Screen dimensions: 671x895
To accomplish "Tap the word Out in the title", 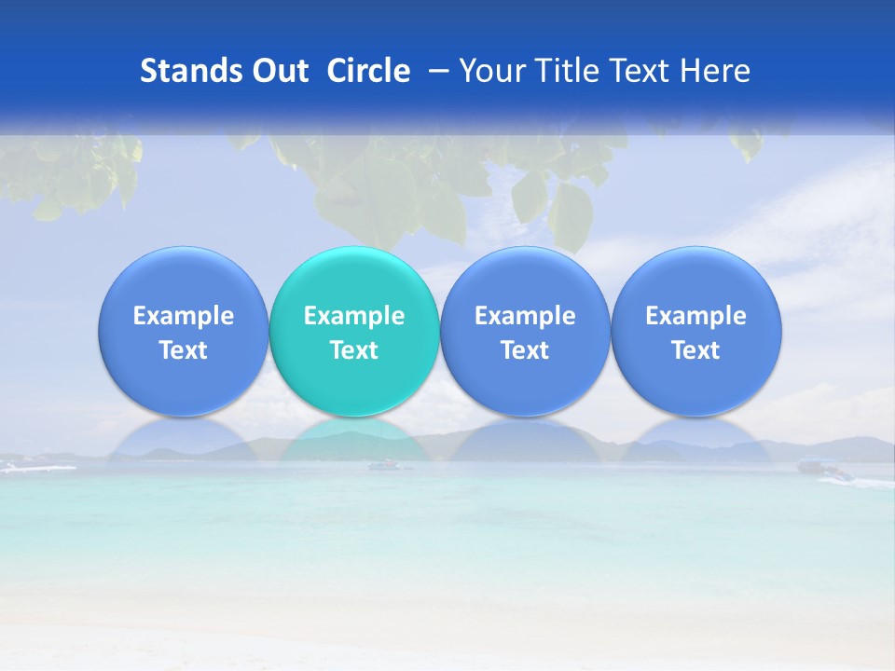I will click(x=277, y=71).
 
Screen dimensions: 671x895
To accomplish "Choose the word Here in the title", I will click(x=717, y=71).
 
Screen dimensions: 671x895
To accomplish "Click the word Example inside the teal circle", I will click(x=354, y=316).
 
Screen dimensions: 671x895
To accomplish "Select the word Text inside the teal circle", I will click(x=354, y=350).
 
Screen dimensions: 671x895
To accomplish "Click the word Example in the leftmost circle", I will click(x=184, y=316).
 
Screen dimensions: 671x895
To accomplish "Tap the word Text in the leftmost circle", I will click(x=184, y=350).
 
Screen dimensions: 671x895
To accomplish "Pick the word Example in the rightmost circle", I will click(x=695, y=316).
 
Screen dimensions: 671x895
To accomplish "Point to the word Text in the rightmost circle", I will click(x=695, y=350).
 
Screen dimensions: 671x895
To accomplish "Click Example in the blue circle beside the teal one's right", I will click(x=525, y=316).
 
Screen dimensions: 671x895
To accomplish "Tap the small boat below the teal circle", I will click(x=384, y=464).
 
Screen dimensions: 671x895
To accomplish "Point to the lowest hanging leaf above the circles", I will click(x=570, y=219).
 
